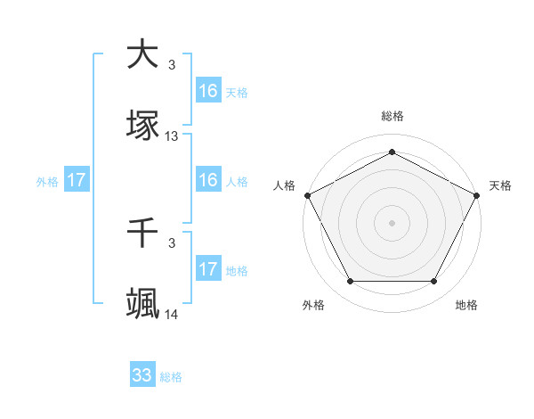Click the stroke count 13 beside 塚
pyautogui.click(x=172, y=136)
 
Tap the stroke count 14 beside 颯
pyautogui.click(x=172, y=315)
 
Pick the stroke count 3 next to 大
pyautogui.click(x=172, y=65)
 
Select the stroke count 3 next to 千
pyautogui.click(x=172, y=242)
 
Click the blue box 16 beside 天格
pyautogui.click(x=208, y=91)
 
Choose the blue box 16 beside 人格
pyautogui.click(x=208, y=180)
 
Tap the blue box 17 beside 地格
pyautogui.click(x=208, y=269)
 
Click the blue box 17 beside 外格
pyautogui.click(x=77, y=180)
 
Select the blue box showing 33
pyautogui.click(x=142, y=375)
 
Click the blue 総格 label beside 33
pyautogui.click(x=171, y=377)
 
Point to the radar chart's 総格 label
pyautogui.click(x=392, y=117)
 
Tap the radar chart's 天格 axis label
pyautogui.click(x=501, y=185)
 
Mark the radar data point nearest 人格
pyautogui.click(x=307, y=194)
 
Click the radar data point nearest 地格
pyautogui.click(x=433, y=282)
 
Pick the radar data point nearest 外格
pyautogui.click(x=350, y=282)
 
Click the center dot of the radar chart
pyautogui.click(x=392, y=222)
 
